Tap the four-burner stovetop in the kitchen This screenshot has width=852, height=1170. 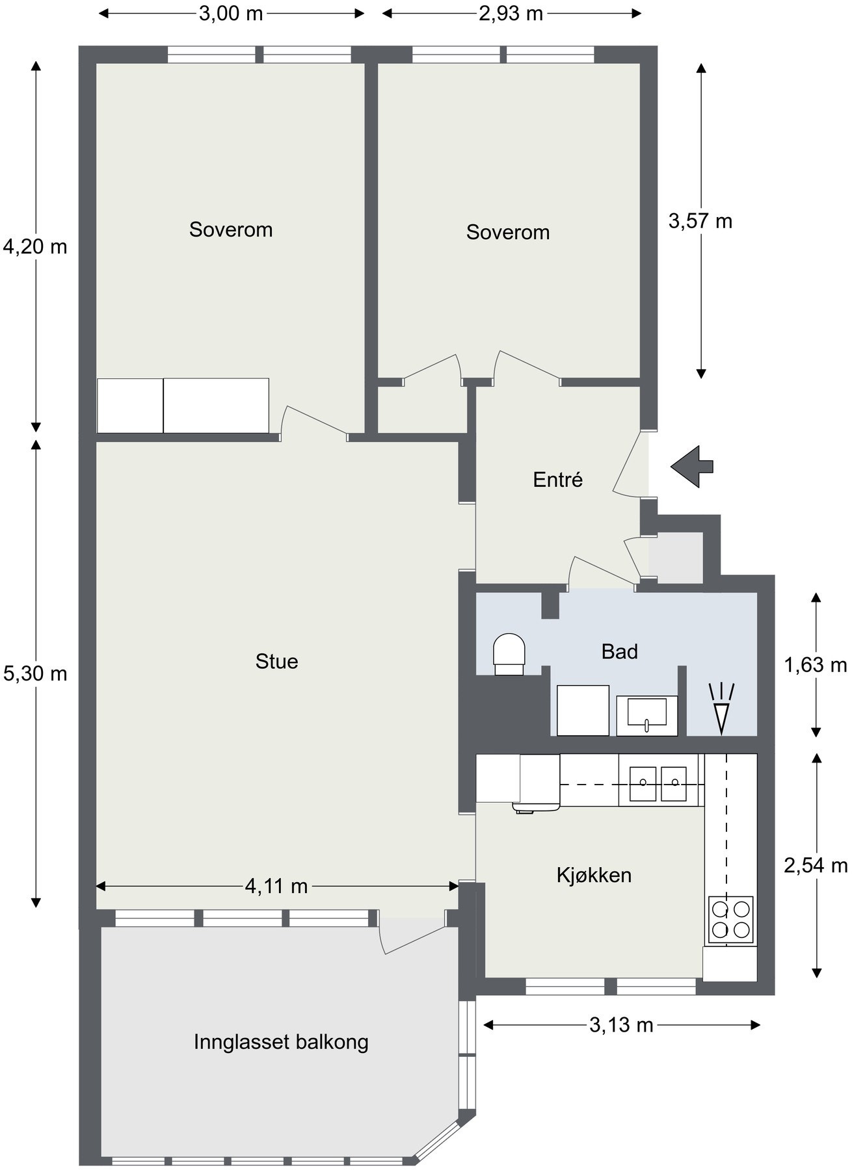click(730, 919)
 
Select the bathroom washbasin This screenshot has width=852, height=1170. click(646, 714)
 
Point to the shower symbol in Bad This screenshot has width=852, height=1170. click(721, 708)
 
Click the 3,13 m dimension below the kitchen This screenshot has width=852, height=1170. click(621, 1025)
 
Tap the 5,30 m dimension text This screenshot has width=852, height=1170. click(35, 673)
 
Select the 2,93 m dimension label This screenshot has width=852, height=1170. click(511, 13)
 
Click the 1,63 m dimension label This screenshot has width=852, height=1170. click(816, 665)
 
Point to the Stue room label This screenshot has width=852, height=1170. click(277, 661)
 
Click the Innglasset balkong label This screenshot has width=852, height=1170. click(281, 1042)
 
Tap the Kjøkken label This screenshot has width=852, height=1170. click(594, 875)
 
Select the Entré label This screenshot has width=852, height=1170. click(558, 480)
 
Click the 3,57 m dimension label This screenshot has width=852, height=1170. click(700, 221)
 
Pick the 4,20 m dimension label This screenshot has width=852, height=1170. click(35, 246)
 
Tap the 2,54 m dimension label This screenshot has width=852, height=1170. click(816, 865)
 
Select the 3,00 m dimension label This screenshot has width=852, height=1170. click(231, 13)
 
